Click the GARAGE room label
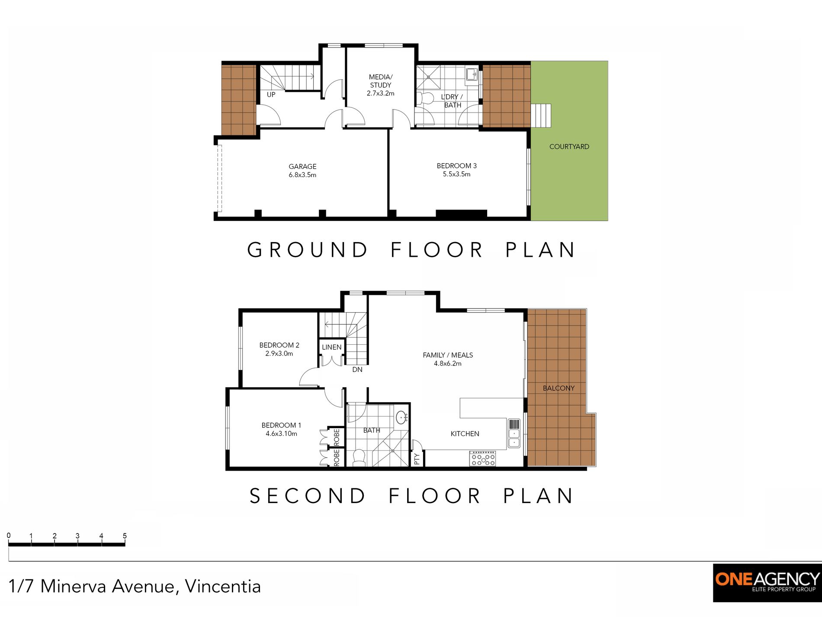pyautogui.click(x=302, y=167)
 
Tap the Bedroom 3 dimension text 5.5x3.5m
pyautogui.click(x=456, y=174)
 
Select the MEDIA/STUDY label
pyautogui.click(x=380, y=81)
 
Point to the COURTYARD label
pyautogui.click(x=569, y=147)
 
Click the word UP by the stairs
pyautogui.click(x=271, y=95)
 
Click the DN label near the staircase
pyautogui.click(x=357, y=370)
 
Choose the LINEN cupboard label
pyautogui.click(x=332, y=347)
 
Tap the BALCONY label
pyautogui.click(x=559, y=388)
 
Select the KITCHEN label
pyautogui.click(x=465, y=434)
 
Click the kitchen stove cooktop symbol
pyautogui.click(x=483, y=459)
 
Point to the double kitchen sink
pyautogui.click(x=514, y=433)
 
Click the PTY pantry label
pyautogui.click(x=417, y=459)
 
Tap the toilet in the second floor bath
pyautogui.click(x=359, y=458)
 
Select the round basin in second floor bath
pyautogui.click(x=401, y=417)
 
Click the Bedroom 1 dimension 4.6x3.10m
pyautogui.click(x=281, y=433)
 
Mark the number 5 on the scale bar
pyautogui.click(x=125, y=536)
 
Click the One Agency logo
pyautogui.click(x=767, y=583)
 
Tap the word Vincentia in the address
pyautogui.click(x=223, y=586)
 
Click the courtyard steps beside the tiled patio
pyautogui.click(x=541, y=116)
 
